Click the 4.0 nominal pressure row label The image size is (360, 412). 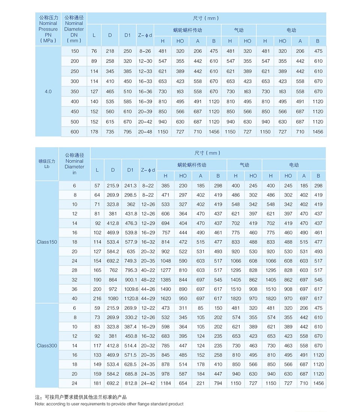(x=48, y=91)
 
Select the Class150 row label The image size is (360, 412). (x=47, y=242)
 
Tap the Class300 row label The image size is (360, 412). (x=47, y=345)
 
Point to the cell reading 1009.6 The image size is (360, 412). (x=130, y=289)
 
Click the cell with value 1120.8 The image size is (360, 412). (x=130, y=299)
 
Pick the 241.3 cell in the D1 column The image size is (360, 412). (x=130, y=186)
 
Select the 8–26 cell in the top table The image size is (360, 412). (x=145, y=51)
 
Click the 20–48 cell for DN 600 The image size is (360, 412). (x=145, y=132)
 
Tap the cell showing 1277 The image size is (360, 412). (x=165, y=270)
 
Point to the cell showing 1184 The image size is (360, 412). (x=165, y=383)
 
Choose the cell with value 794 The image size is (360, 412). (x=218, y=383)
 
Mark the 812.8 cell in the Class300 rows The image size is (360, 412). (x=130, y=383)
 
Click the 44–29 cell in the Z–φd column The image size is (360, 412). (x=148, y=299)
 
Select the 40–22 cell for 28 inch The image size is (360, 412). (x=148, y=270)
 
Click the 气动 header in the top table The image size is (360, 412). (x=238, y=30)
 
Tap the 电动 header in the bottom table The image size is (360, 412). (x=294, y=165)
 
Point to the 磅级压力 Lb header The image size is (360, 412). (x=47, y=163)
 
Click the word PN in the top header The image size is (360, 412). (x=48, y=35)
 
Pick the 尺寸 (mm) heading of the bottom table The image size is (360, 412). (x=207, y=153)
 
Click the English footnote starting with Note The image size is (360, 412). (x=109, y=404)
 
